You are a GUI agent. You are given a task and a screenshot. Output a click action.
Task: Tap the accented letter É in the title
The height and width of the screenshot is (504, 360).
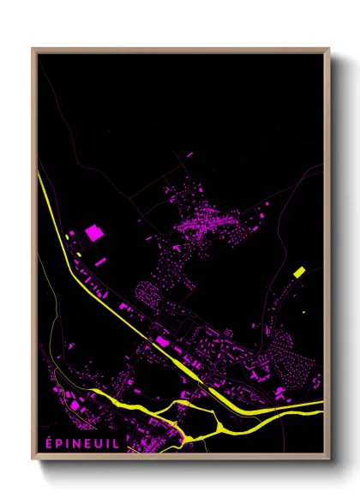(x=50, y=442)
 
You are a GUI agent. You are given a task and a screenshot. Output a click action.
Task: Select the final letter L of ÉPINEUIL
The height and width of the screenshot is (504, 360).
(x=117, y=442)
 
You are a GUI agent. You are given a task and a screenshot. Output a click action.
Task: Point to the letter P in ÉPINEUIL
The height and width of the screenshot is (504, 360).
(x=59, y=442)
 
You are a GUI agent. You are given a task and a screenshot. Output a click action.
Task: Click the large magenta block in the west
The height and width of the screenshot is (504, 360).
(x=93, y=232)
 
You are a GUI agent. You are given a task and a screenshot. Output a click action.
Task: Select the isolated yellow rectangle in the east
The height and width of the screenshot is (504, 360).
(x=299, y=272)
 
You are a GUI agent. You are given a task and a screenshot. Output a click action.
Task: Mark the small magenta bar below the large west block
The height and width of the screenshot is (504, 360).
(x=100, y=261)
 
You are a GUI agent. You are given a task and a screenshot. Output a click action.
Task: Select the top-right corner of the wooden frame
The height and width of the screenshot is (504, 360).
(x=328, y=49)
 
